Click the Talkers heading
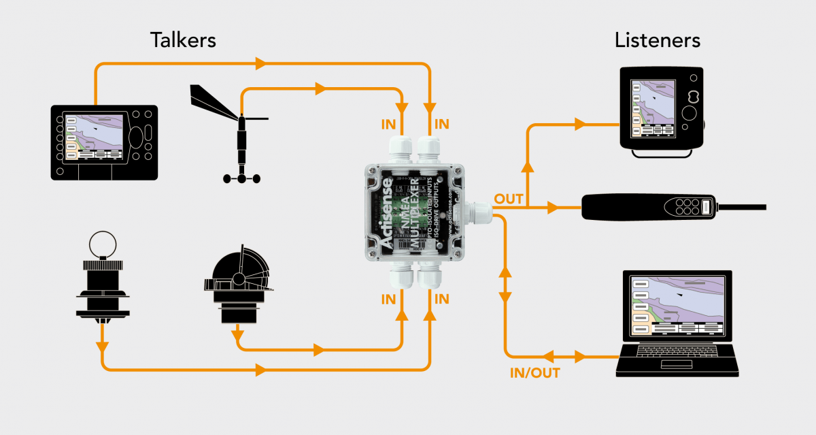pyautogui.click(x=183, y=39)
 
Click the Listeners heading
pyautogui.click(x=657, y=39)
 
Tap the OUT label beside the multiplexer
pyautogui.click(x=509, y=199)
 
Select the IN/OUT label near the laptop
pyautogui.click(x=534, y=373)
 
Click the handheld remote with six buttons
pyautogui.click(x=673, y=206)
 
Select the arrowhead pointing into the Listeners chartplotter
pyautogui.click(x=579, y=125)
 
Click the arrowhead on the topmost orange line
pyautogui.click(x=260, y=65)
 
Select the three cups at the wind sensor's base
pyautogui.click(x=242, y=178)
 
